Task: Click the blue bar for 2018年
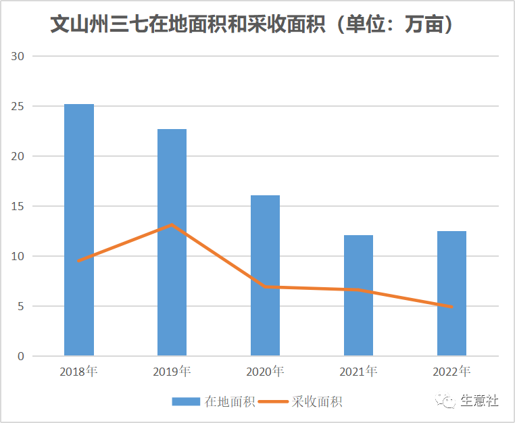pos(79,230)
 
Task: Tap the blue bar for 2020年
pos(265,275)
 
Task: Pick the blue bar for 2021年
pos(358,295)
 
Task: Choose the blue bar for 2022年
pos(451,293)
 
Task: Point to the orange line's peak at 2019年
pos(172,224)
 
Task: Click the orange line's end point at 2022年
pos(451,307)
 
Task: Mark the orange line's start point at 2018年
pos(79,260)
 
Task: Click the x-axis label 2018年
pos(78,372)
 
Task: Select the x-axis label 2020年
pos(265,372)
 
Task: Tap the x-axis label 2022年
pos(451,372)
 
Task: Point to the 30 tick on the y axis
pos(18,57)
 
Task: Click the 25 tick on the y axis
pos(18,107)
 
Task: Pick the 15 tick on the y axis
pos(18,206)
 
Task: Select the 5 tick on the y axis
pos(21,306)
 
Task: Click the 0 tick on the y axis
pos(21,356)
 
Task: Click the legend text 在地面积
pos(230,401)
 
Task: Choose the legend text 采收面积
pos(317,401)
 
